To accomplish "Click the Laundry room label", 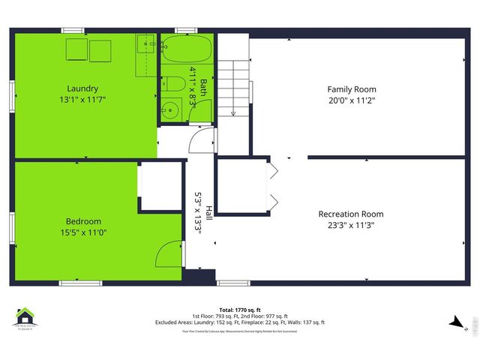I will pos(82,88).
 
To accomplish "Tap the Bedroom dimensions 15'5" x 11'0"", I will pos(82,232).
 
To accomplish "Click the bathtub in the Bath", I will pos(188,51).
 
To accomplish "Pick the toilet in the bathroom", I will pos(172,83).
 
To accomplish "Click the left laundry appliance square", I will pos(76,49).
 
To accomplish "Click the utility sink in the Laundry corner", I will pos(145,46).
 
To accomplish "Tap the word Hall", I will pos(208,213).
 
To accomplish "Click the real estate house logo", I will pos(26,318).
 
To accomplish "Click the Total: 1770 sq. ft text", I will pos(240,310).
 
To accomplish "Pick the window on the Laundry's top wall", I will pos(73,30).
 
